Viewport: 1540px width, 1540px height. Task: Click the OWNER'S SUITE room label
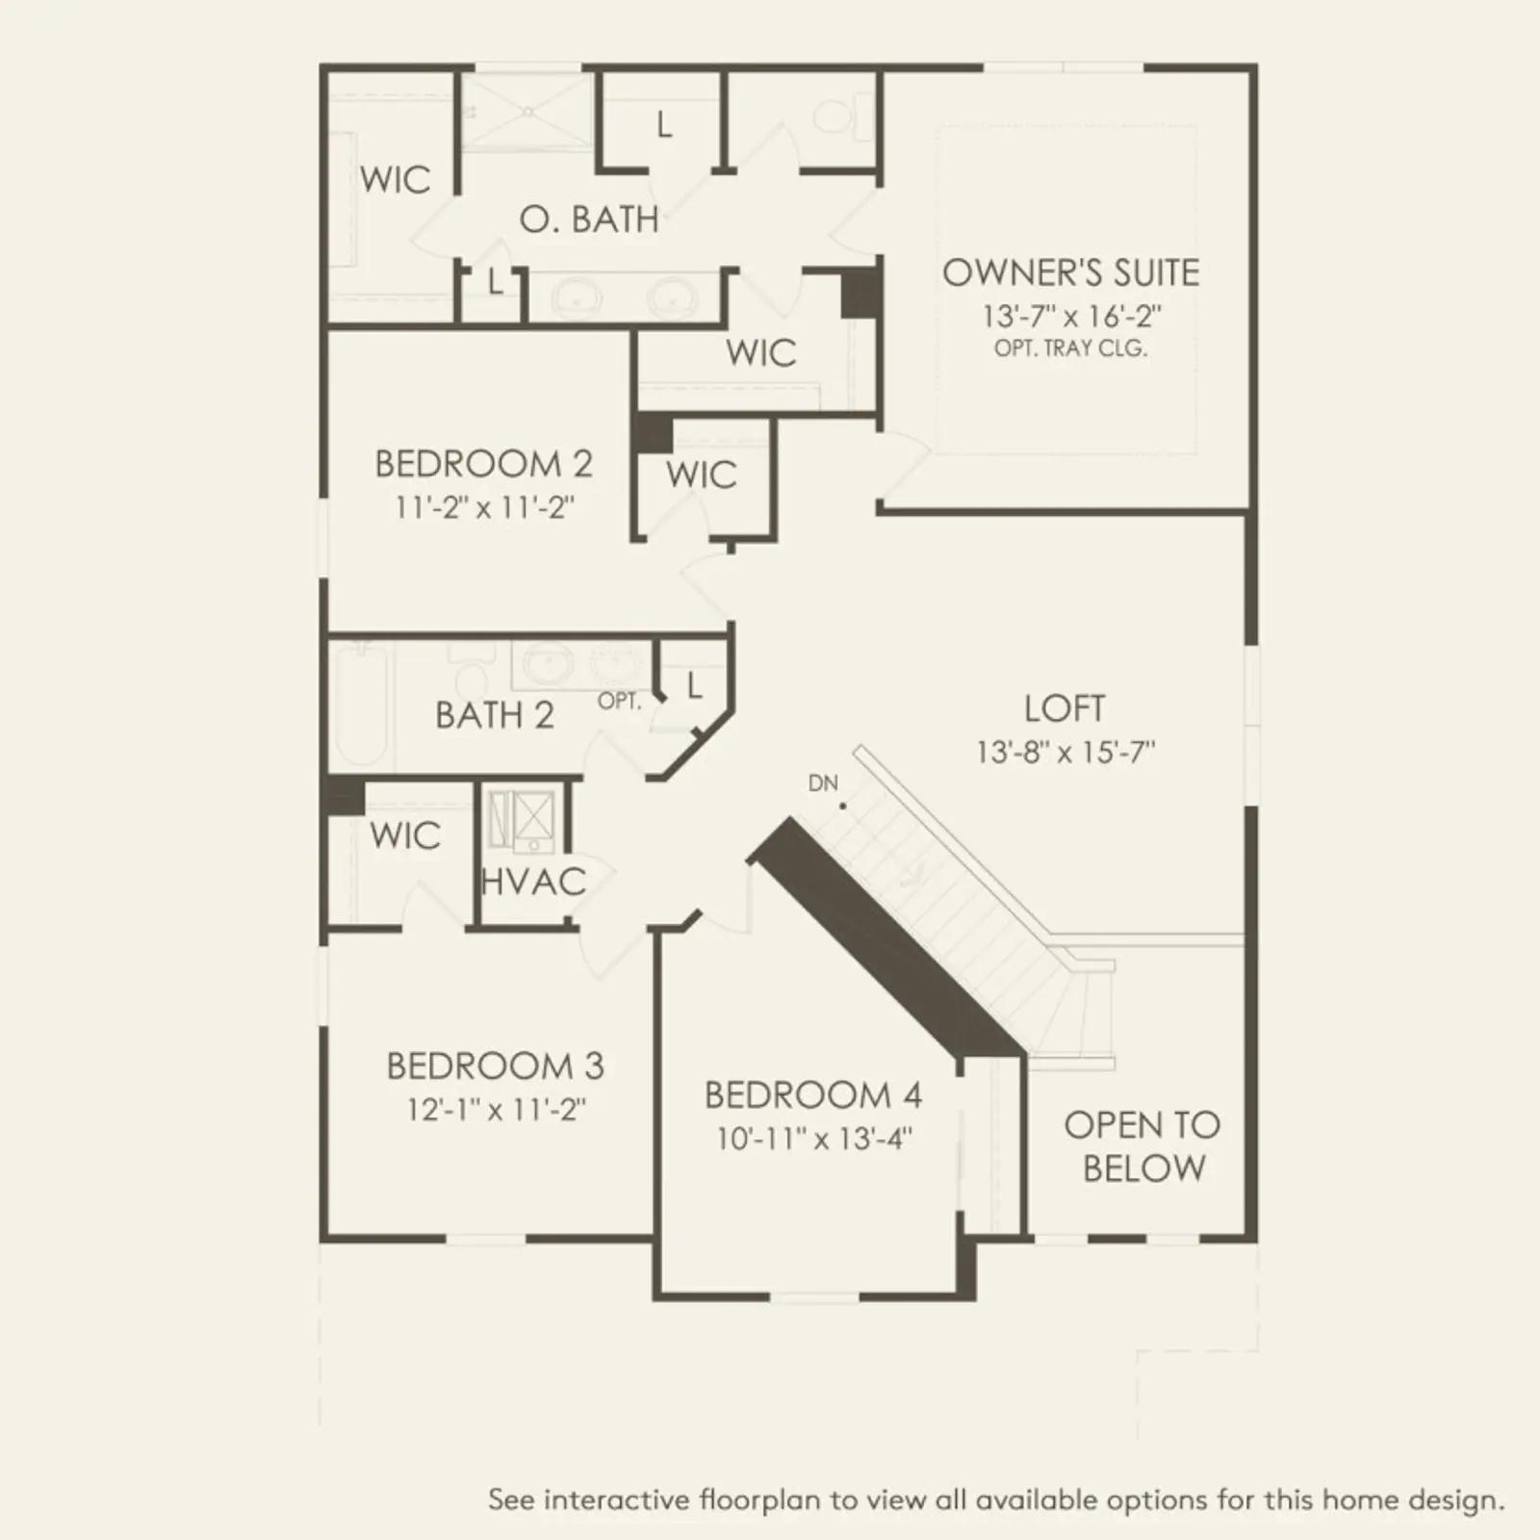coord(1070,272)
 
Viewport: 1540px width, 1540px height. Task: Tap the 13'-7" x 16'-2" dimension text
coord(1071,316)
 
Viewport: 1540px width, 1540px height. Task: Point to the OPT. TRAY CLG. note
coord(1071,348)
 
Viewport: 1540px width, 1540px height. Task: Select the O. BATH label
coord(589,219)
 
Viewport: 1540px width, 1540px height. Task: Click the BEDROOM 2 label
coord(483,464)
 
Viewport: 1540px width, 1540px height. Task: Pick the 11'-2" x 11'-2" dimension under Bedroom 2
coord(484,507)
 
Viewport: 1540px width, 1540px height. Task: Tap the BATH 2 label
coord(495,715)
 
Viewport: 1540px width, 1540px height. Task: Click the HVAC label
coord(533,882)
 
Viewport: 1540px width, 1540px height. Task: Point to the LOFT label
coord(1065,708)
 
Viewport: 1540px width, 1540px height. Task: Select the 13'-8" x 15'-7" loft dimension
coord(1065,752)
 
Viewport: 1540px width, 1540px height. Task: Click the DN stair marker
coord(823,783)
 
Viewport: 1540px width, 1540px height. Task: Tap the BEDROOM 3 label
coord(495,1066)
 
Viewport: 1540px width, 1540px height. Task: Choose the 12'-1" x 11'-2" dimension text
coord(496,1110)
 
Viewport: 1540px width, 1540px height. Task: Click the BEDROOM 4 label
coord(813,1095)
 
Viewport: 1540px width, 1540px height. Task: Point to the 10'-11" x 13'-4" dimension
coord(814,1139)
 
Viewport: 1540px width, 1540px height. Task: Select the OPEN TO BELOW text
coord(1142,1146)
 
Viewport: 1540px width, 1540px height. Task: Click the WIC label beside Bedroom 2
coord(701,475)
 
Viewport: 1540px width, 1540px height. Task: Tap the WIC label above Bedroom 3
coord(405,835)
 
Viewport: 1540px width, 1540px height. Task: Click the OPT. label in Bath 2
coord(619,702)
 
